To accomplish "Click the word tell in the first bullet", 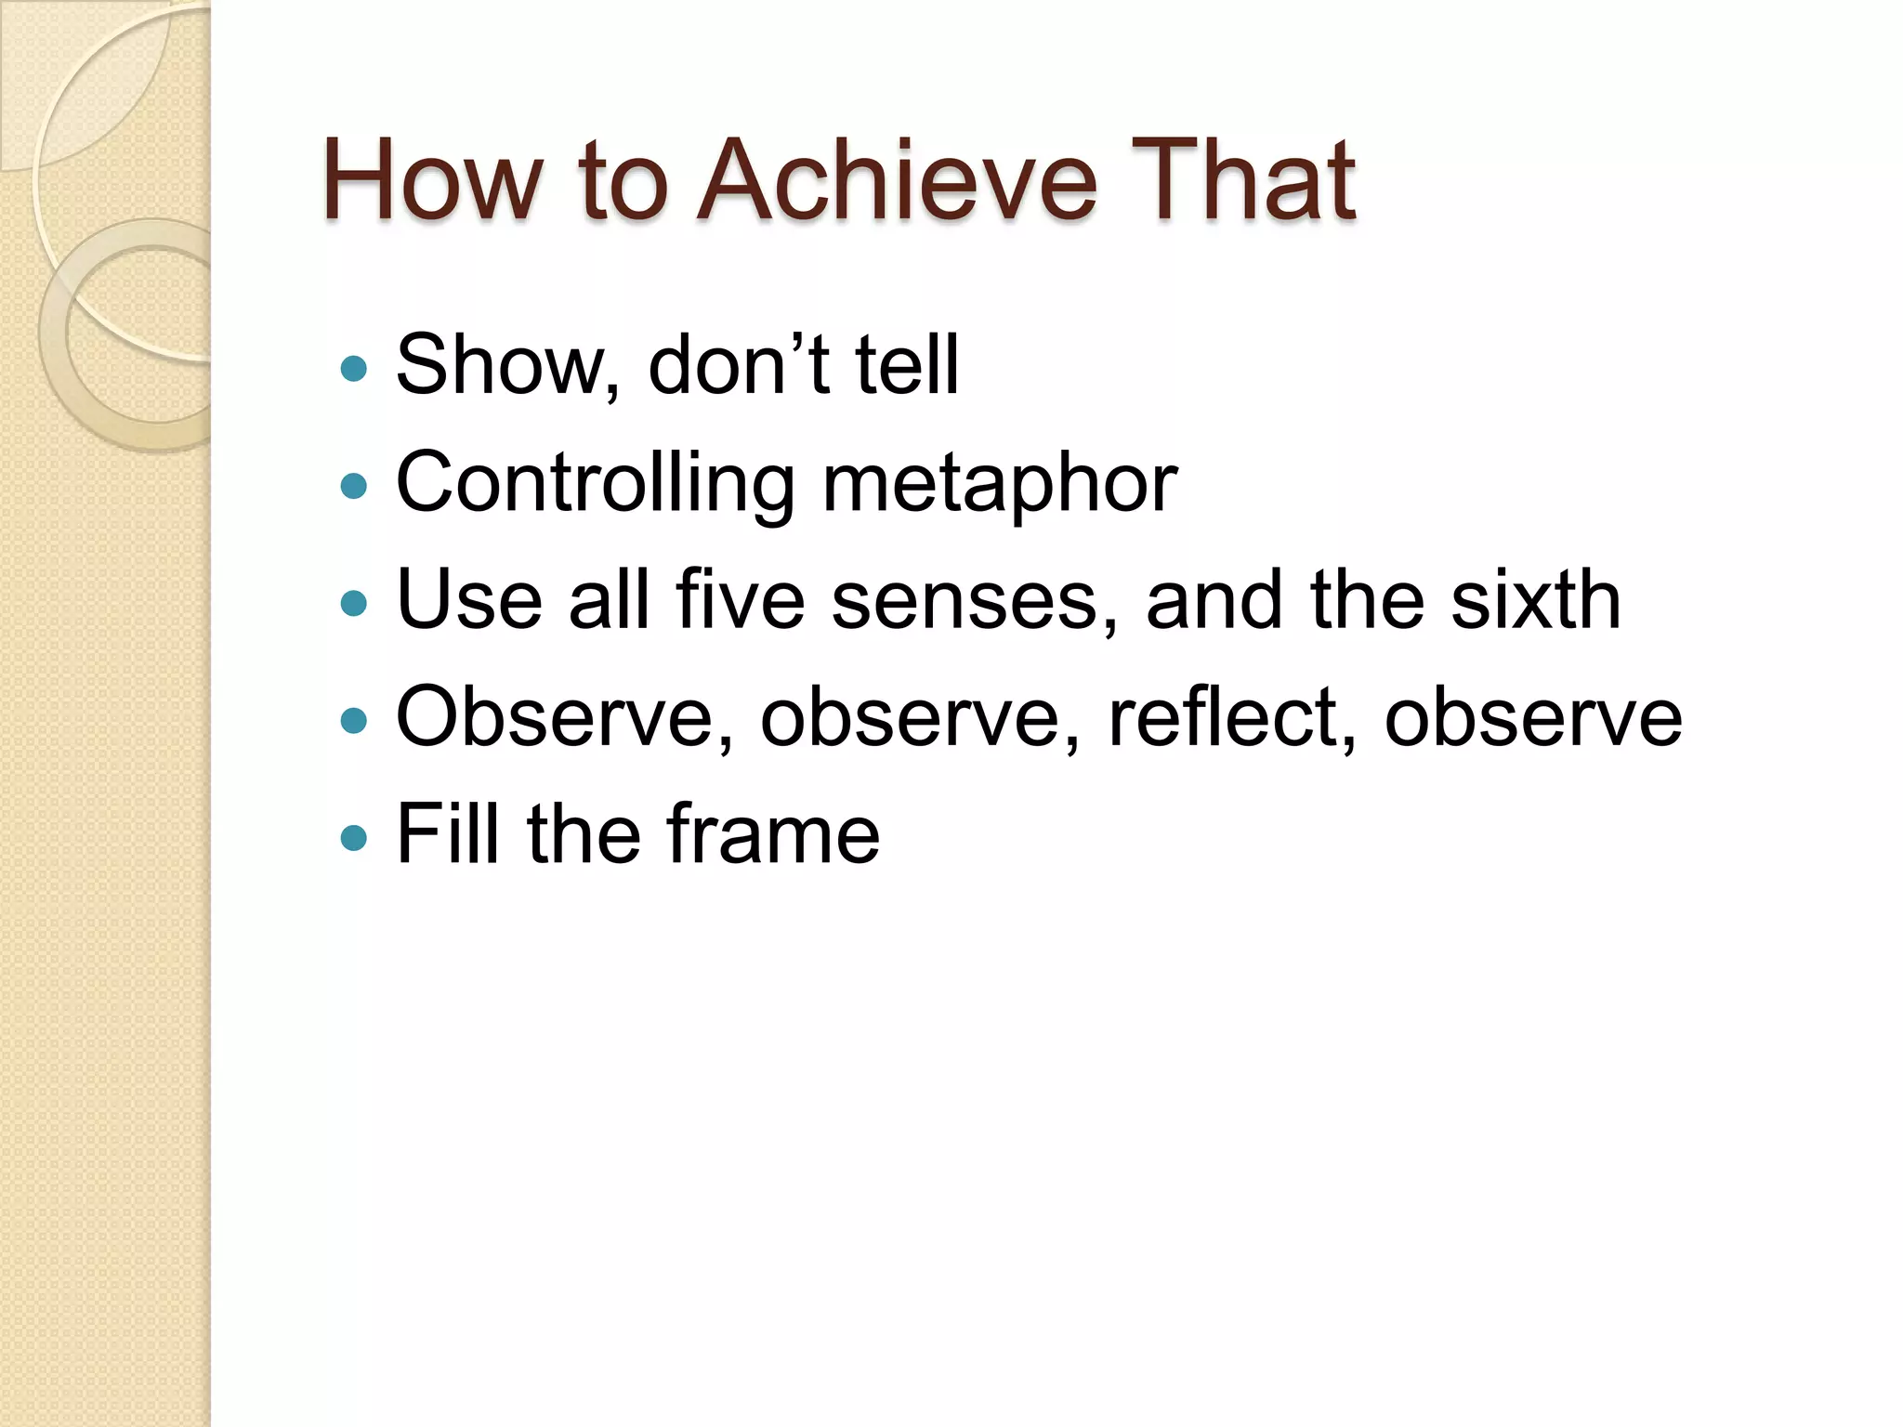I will pos(906,364).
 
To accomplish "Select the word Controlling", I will pos(595,483).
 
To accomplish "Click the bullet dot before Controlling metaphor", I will pos(354,486).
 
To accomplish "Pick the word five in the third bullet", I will pos(741,600).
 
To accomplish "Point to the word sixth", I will pos(1536,600).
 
